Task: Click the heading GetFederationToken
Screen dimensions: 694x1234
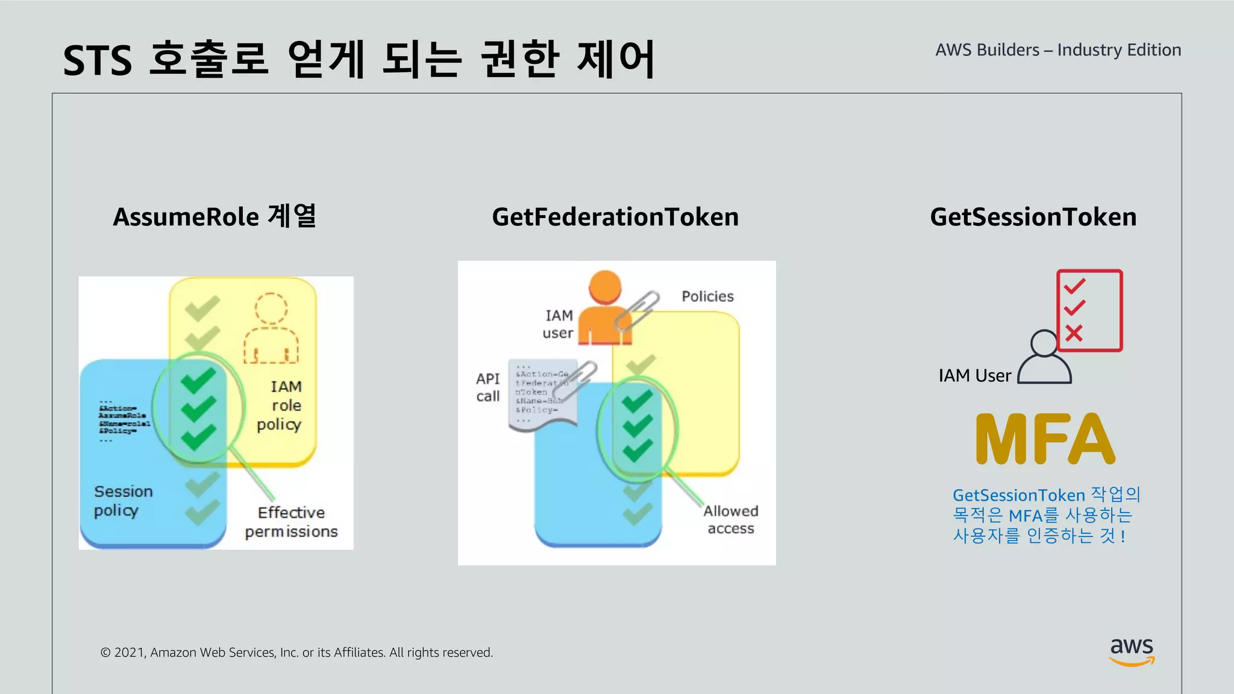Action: (615, 217)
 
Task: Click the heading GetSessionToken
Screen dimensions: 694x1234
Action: (1033, 217)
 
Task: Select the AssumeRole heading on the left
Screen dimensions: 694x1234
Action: (215, 217)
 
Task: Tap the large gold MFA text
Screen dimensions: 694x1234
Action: (1045, 439)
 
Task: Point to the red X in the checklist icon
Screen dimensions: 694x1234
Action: (1074, 333)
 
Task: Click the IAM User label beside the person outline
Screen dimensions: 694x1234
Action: (974, 376)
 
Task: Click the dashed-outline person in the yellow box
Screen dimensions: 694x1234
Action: (271, 329)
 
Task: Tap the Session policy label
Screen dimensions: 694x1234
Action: (123, 501)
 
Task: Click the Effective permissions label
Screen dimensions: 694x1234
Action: (291, 522)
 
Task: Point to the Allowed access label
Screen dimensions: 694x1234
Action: (730, 519)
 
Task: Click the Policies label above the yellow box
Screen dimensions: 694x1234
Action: (707, 296)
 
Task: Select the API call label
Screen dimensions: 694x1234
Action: (487, 387)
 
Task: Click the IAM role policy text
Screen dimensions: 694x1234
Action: (281, 405)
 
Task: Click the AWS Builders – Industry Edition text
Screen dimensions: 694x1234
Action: (1058, 50)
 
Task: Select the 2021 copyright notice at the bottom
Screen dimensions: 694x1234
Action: (296, 652)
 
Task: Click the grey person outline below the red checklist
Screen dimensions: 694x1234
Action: (1044, 359)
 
